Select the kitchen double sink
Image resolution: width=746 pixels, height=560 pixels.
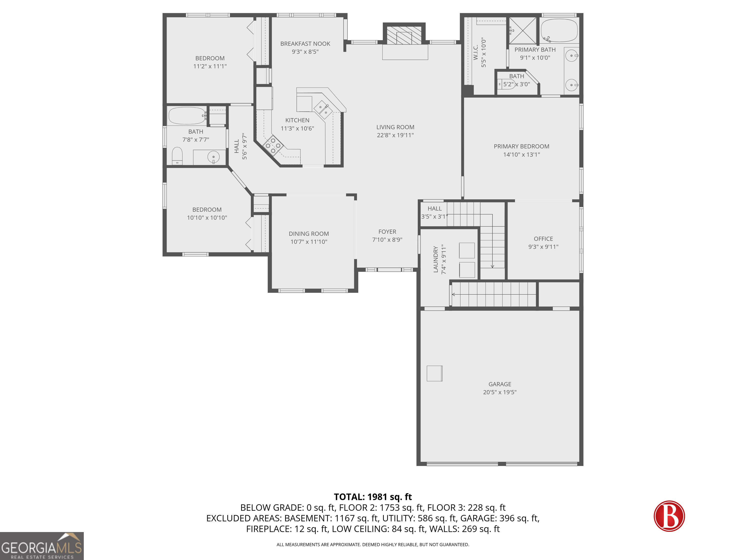point(323,110)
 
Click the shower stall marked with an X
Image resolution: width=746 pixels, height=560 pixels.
point(522,31)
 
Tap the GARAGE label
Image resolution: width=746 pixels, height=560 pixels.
point(500,384)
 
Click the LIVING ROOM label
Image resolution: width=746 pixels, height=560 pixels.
point(395,127)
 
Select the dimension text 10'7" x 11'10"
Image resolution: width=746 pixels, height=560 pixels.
point(309,242)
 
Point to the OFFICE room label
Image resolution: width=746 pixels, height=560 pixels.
point(543,239)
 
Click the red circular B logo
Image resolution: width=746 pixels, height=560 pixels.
point(669,516)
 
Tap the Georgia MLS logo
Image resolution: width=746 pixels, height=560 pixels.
point(42,546)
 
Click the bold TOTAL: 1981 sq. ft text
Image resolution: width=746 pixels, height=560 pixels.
point(373,497)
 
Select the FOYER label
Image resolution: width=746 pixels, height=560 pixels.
point(387,232)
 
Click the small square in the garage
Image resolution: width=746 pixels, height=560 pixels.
point(434,373)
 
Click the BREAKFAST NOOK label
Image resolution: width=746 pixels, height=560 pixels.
point(305,44)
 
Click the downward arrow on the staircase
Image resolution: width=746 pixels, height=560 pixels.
point(492,266)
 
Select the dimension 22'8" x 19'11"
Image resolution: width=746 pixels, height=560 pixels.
point(395,135)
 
